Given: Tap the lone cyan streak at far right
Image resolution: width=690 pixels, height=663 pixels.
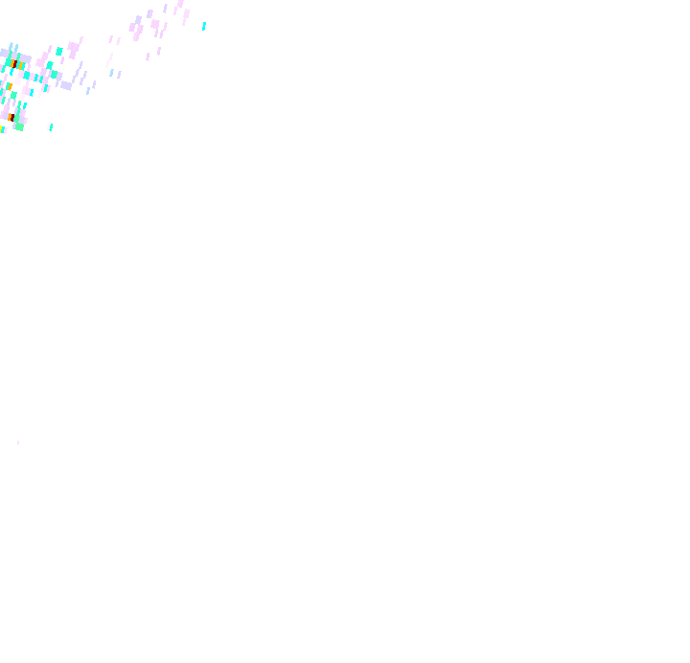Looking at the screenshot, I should pos(204,26).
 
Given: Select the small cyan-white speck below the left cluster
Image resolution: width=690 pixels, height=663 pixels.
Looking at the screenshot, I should pos(50,127).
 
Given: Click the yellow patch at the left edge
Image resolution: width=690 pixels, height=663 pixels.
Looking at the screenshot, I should pos(1,128).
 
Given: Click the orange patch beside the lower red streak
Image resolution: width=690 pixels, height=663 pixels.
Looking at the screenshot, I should pos(10,116).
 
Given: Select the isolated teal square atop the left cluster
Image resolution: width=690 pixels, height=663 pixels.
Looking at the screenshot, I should pos(59,52).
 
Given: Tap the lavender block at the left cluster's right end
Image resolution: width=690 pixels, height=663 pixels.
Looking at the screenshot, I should pos(66,85).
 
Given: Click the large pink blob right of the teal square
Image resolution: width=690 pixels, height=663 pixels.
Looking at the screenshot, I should pos(74,49).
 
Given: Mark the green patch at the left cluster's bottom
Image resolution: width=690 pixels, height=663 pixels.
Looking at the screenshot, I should pos(19,126).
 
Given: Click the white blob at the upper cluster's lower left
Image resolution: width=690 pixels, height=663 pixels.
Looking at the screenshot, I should pos(106,63).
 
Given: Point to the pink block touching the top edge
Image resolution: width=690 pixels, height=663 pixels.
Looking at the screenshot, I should pos(180,3).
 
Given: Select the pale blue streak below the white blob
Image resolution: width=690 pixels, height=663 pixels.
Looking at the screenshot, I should pos(111,73).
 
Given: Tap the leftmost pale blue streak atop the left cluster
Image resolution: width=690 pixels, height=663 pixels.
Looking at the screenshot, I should pos(11,46).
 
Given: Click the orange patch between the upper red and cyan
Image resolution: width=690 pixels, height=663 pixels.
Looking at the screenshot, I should pos(21,66).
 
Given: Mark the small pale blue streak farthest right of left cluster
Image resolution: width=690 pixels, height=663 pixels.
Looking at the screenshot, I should pos(88,91).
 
